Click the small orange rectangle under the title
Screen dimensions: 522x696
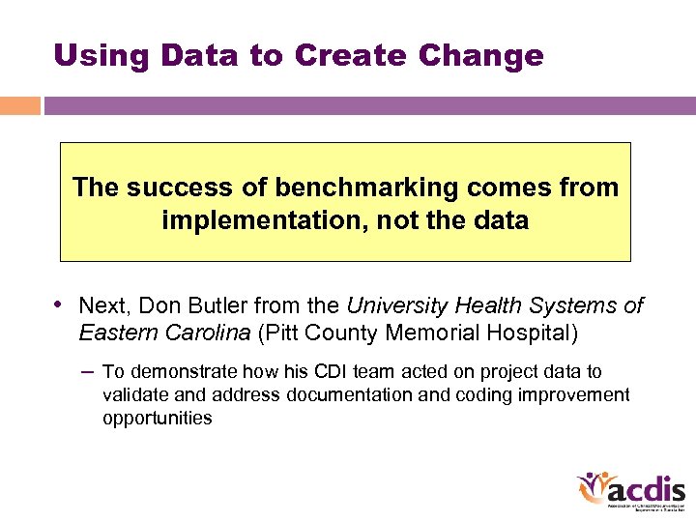point(19,105)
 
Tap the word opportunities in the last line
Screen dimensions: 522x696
point(157,419)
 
